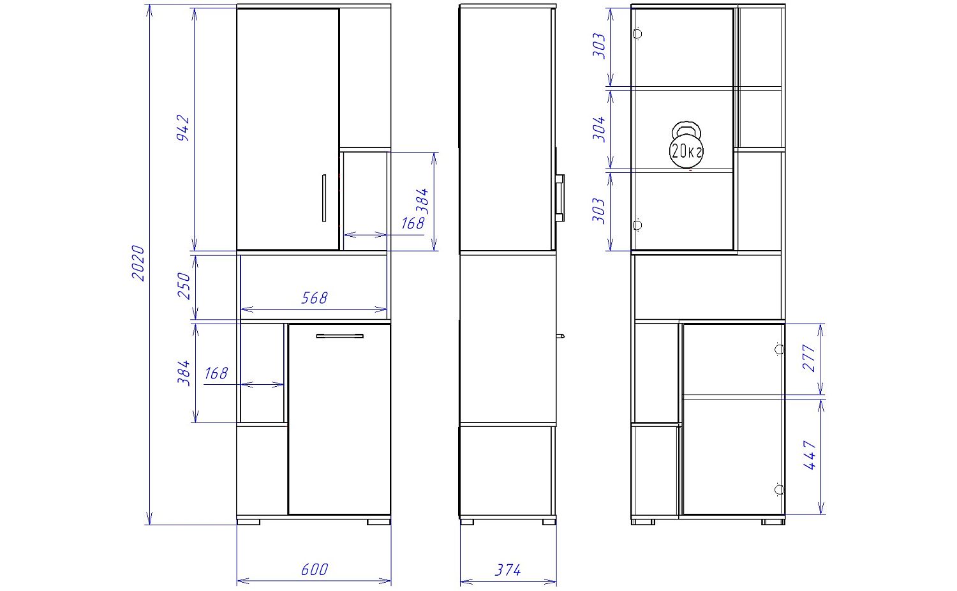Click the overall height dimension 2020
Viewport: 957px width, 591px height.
138,263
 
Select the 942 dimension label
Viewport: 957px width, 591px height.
183,128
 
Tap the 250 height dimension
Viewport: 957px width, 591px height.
184,285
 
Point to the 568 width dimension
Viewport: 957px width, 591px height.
314,298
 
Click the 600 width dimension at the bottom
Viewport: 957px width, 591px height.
315,570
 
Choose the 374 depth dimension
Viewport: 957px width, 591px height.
508,570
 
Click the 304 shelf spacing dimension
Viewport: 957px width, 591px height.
599,129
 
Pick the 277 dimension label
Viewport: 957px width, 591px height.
810,357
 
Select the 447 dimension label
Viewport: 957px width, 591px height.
810,456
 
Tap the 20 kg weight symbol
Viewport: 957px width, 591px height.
686,146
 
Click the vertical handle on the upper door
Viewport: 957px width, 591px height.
324,198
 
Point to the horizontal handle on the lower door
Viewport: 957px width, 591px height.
339,336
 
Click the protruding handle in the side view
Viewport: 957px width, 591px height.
560,198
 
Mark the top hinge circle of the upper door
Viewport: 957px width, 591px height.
637,34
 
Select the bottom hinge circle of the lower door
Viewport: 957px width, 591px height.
779,490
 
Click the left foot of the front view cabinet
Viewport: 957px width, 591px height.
248,522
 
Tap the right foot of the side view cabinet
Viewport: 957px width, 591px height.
549,522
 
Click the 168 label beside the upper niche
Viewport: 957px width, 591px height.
413,223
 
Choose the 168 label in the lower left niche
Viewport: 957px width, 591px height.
216,373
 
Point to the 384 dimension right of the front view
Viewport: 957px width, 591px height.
422,201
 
